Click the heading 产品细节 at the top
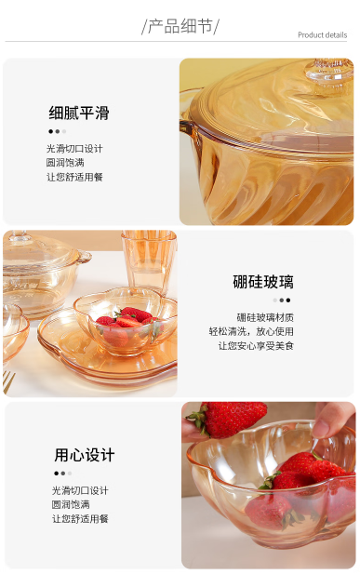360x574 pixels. [x=180, y=26]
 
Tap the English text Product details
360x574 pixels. [x=322, y=35]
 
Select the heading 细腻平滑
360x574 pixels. [x=79, y=113]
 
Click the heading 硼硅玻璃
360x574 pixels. [x=263, y=282]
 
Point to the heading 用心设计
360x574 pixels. [x=85, y=455]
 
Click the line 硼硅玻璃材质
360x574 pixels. [x=265, y=317]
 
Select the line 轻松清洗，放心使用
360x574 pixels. [x=251, y=331]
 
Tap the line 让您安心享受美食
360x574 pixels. [x=256, y=345]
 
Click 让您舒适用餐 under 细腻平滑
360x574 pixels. [x=74, y=177]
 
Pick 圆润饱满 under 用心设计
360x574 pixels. [x=71, y=504]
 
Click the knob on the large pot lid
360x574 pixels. [x=329, y=73]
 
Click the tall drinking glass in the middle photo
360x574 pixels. [x=149, y=260]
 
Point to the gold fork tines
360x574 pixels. [x=8, y=382]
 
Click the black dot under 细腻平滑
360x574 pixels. [x=50, y=131]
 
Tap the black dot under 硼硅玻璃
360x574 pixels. [x=288, y=300]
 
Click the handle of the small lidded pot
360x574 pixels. [x=85, y=257]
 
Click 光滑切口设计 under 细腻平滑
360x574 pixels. [x=74, y=149]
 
